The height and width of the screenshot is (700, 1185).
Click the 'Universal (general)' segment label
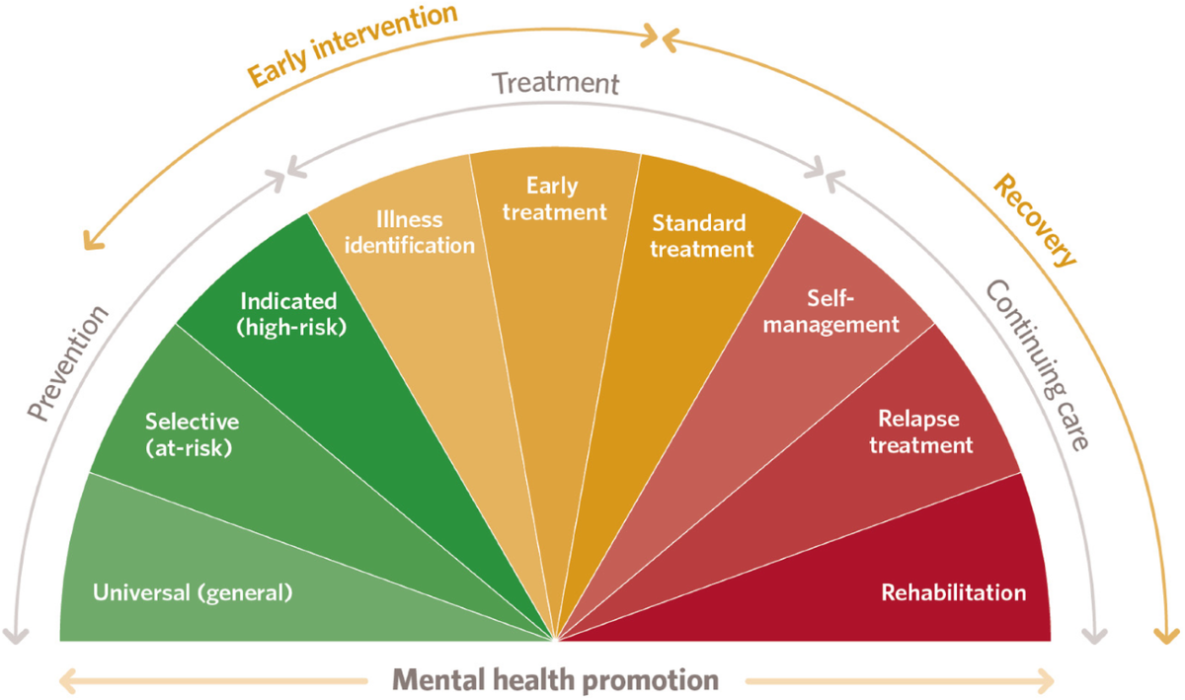pyautogui.click(x=193, y=594)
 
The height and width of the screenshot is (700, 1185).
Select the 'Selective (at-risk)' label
pyautogui.click(x=192, y=434)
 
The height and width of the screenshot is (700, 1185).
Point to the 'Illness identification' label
pyautogui.click(x=412, y=232)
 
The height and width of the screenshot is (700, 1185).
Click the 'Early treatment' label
pyautogui.click(x=552, y=198)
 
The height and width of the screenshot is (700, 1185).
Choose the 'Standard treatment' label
pyautogui.click(x=701, y=236)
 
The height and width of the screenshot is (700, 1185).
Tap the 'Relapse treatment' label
pyautogui.click(x=918, y=432)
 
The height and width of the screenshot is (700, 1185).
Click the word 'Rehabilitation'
pyautogui.click(x=953, y=593)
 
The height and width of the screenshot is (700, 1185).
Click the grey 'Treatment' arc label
pyautogui.click(x=556, y=83)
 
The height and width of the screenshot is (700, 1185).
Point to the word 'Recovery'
pyautogui.click(x=1034, y=221)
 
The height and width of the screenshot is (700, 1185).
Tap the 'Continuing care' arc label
pyautogui.click(x=1036, y=365)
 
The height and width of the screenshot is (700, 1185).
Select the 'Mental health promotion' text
pyautogui.click(x=556, y=679)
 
